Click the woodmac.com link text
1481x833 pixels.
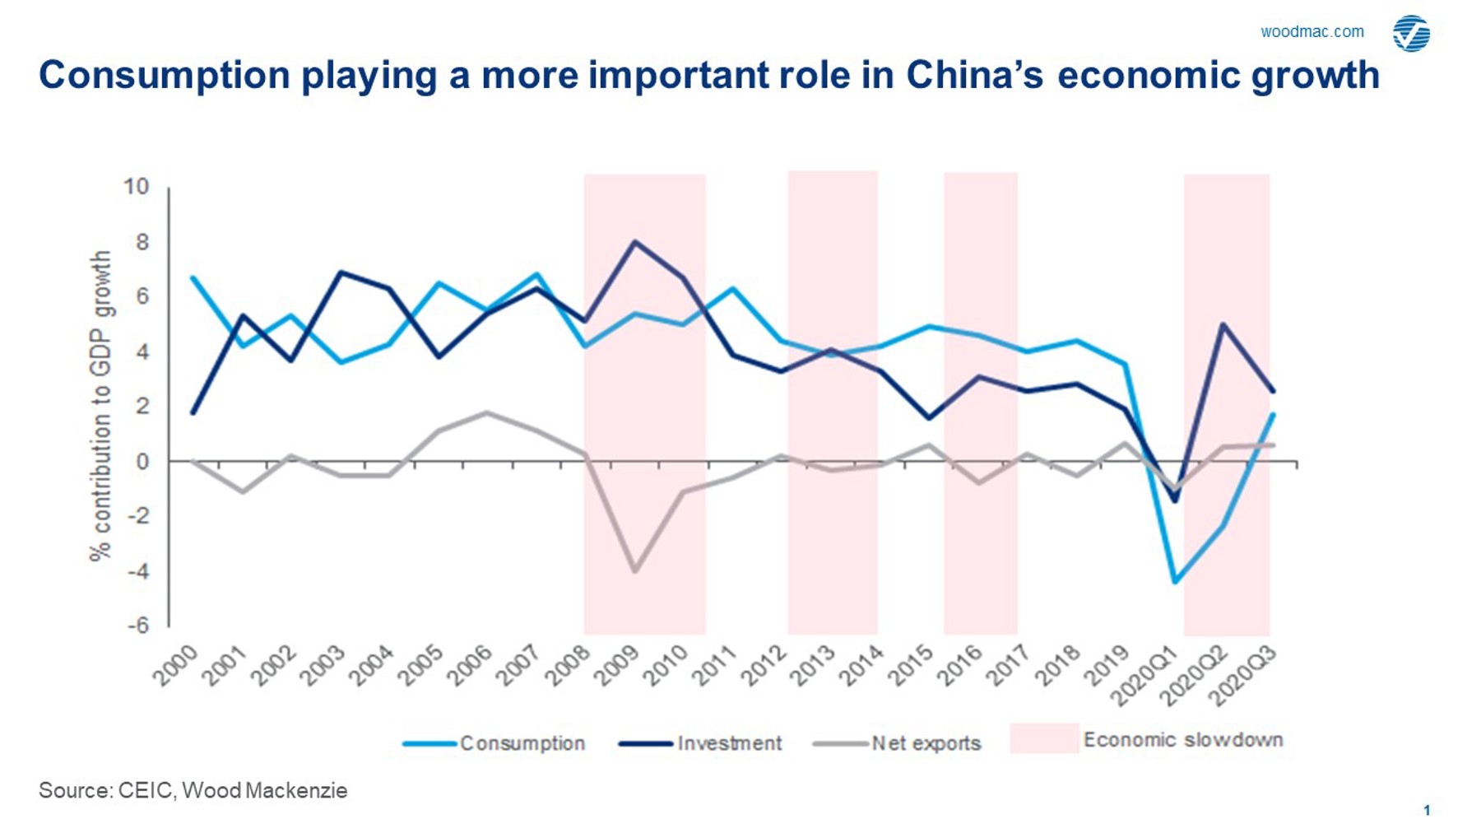coord(1312,32)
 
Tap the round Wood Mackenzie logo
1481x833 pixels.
coord(1411,34)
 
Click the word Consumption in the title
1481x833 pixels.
coord(165,76)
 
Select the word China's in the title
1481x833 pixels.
coord(974,75)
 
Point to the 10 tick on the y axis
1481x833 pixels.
coord(137,187)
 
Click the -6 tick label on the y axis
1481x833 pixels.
coord(137,625)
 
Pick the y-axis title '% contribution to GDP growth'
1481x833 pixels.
coord(100,406)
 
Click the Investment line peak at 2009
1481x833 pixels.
coord(634,242)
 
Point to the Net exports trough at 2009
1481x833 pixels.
coord(634,570)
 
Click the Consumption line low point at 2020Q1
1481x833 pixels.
coord(1175,582)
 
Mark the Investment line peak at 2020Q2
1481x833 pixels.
coord(1223,324)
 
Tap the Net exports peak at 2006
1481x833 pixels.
coord(487,412)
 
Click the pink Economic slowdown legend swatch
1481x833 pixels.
coord(1043,738)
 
